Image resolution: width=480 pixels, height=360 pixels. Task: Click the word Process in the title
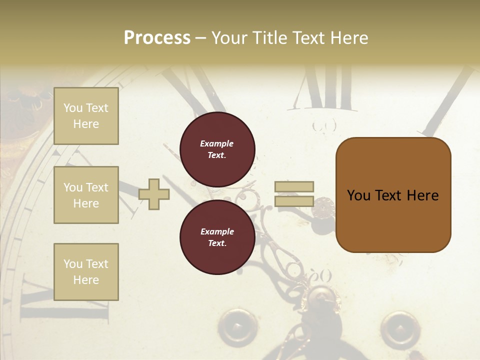pyautogui.click(x=157, y=38)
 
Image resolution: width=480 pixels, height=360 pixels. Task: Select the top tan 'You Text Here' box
pyautogui.click(x=86, y=116)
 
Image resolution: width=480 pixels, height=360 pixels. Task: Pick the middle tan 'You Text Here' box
pyautogui.click(x=86, y=195)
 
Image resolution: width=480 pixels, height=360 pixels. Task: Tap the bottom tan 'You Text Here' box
pyautogui.click(x=86, y=272)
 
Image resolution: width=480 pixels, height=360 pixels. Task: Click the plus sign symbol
pyautogui.click(x=154, y=194)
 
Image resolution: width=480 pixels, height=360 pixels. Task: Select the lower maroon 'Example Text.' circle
pyautogui.click(x=217, y=237)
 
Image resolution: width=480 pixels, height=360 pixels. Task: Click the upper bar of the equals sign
pyautogui.click(x=294, y=187)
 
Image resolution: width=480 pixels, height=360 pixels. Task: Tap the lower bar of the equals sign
pyautogui.click(x=294, y=201)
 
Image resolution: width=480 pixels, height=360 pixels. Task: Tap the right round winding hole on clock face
pyautogui.click(x=399, y=328)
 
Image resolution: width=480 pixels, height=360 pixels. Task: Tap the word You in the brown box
pyautogui.click(x=358, y=195)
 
